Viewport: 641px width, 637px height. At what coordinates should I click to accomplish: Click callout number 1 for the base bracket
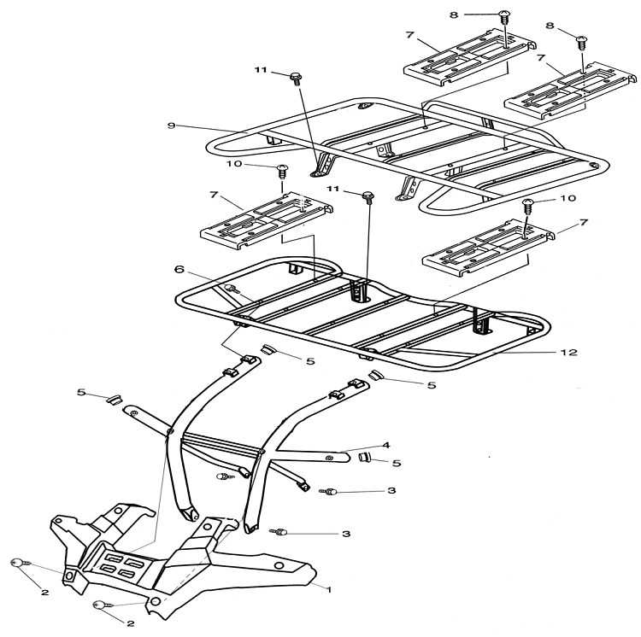click(328, 588)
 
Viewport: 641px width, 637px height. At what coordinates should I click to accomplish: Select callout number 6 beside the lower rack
click(180, 268)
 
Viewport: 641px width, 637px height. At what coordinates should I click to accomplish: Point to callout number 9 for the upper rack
click(172, 126)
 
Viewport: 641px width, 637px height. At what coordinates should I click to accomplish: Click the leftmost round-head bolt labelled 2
click(17, 564)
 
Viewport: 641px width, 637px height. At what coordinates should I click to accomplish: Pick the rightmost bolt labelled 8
click(582, 40)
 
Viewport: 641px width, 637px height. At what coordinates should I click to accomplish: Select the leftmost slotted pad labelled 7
click(265, 220)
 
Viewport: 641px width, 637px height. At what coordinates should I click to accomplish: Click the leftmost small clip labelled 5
click(111, 399)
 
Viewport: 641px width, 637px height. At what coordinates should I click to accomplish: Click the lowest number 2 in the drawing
click(130, 623)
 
